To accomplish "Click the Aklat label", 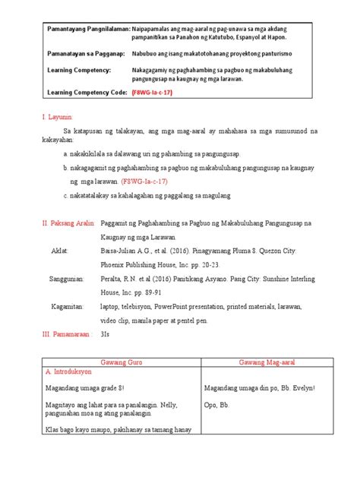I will pos(59,248).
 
